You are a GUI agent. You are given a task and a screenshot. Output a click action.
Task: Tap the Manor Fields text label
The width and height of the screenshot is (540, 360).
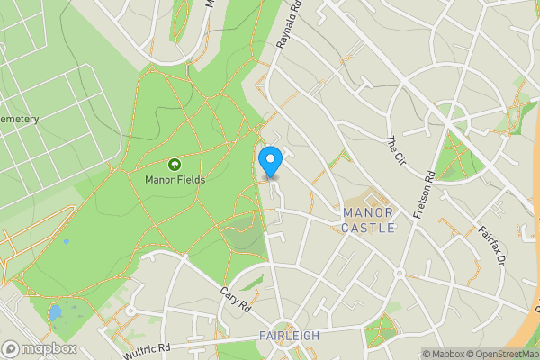click(x=175, y=179)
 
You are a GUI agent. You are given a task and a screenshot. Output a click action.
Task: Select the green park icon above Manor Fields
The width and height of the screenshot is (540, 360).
click(x=175, y=165)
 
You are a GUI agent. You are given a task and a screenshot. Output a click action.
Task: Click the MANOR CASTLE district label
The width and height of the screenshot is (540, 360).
click(x=368, y=220)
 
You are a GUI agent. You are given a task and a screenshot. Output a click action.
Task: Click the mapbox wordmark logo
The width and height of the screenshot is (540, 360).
click(x=40, y=348)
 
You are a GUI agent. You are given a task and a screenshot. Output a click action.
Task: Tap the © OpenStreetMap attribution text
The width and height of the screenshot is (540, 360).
click(x=504, y=354)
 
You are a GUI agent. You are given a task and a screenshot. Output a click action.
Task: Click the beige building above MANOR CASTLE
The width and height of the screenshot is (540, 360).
click(x=366, y=200)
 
